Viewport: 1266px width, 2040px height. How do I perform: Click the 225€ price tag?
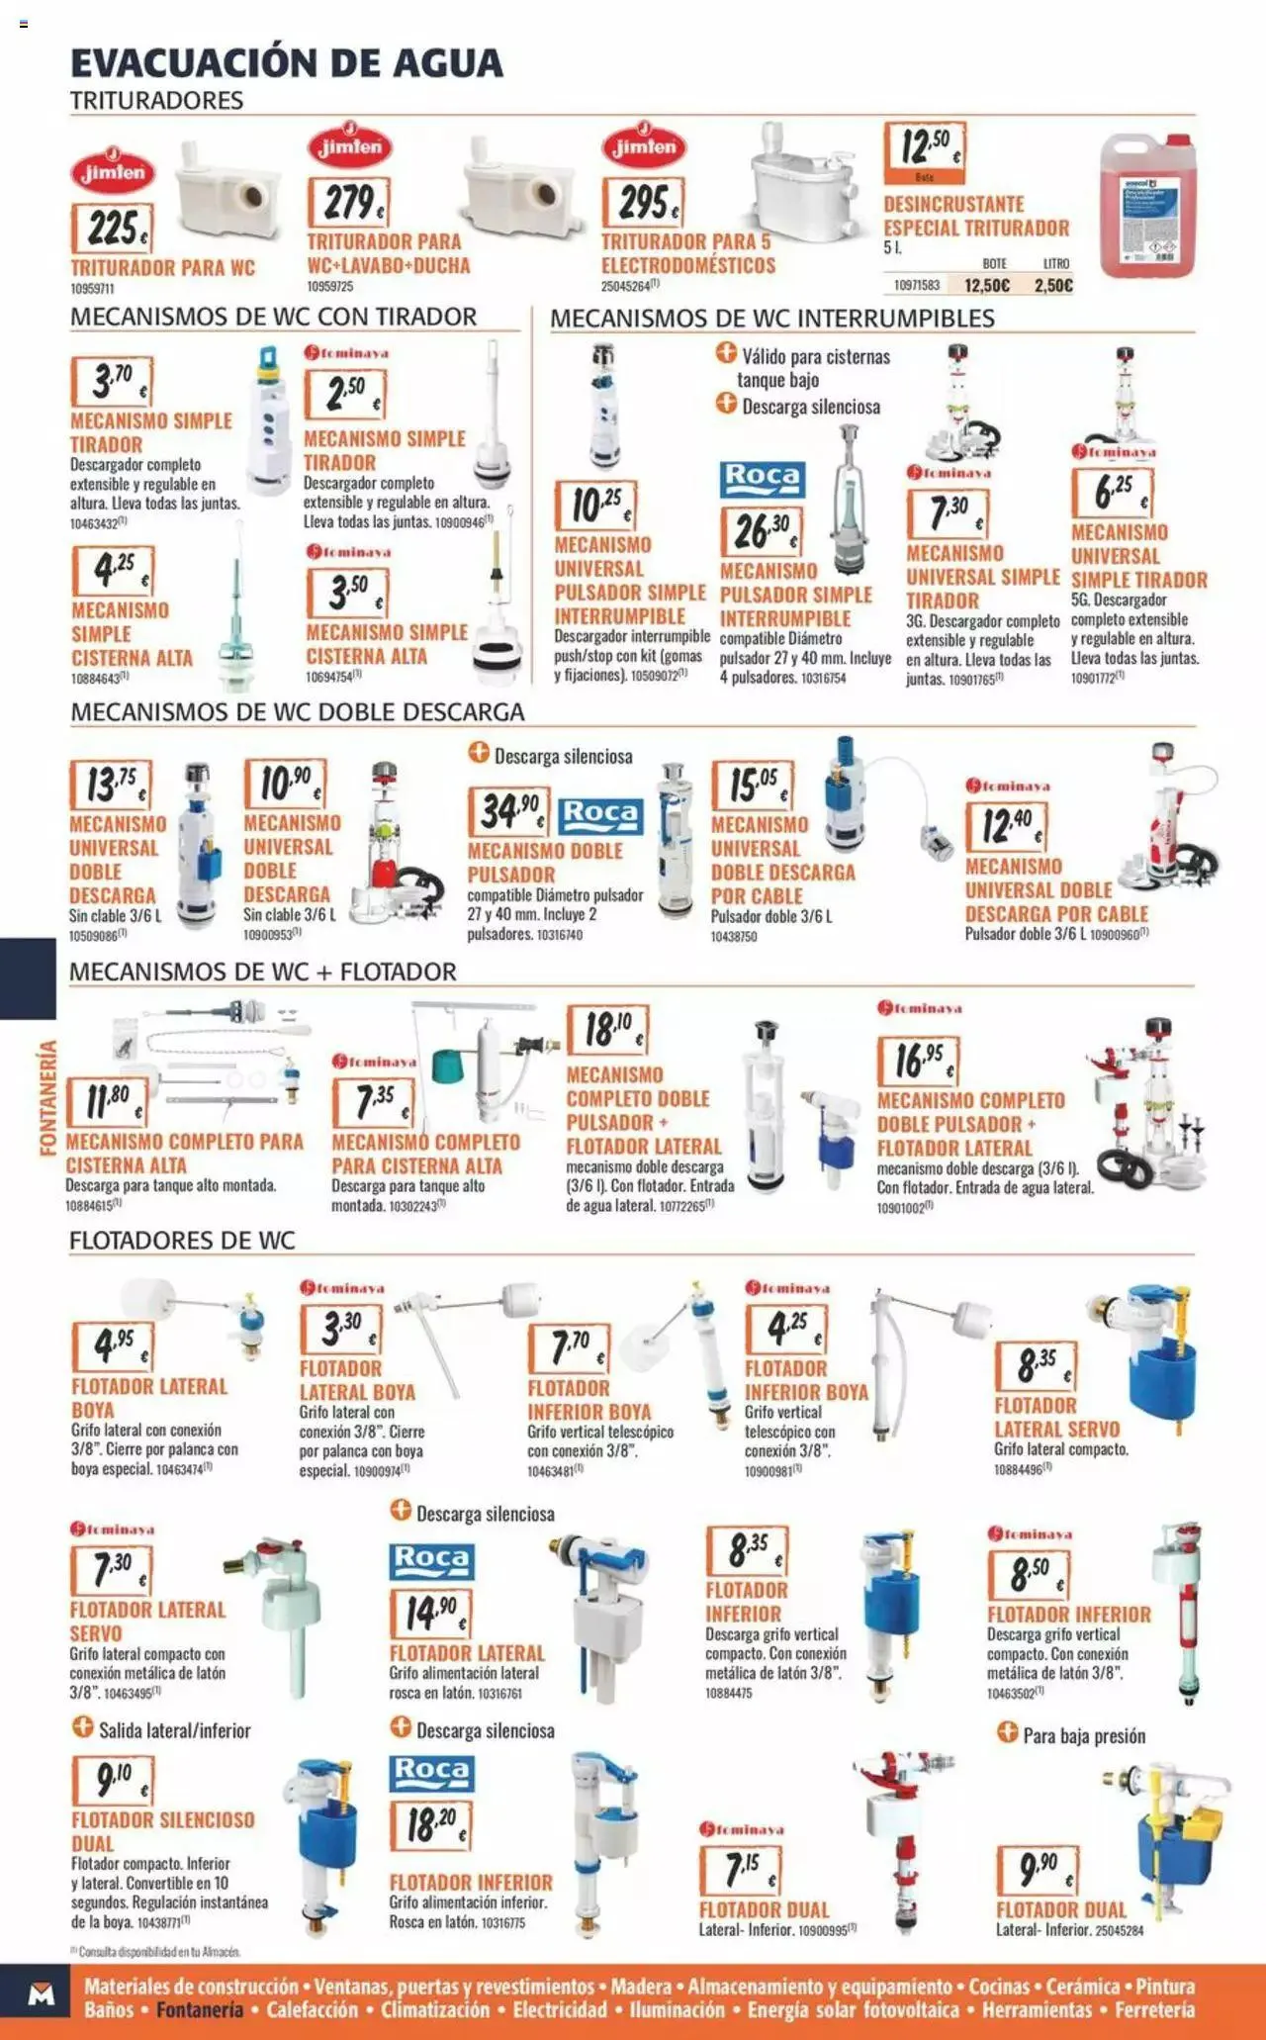(x=112, y=229)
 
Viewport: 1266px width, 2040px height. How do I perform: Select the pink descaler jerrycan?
(x=1147, y=205)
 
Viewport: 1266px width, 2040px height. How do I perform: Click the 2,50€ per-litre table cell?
(x=1053, y=286)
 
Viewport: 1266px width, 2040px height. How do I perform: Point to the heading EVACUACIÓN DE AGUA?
(x=287, y=63)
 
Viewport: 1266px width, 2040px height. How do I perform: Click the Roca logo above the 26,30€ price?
(x=762, y=479)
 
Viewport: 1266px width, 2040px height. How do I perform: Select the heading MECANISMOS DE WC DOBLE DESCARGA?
(x=297, y=712)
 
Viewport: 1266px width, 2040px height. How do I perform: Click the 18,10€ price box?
(x=606, y=1030)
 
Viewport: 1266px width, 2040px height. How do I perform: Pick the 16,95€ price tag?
(x=919, y=1061)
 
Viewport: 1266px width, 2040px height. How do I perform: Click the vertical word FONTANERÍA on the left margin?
(x=47, y=1097)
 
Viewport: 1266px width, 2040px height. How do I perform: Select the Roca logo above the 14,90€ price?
(x=431, y=1560)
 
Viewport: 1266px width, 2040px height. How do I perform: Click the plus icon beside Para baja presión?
(x=1007, y=1732)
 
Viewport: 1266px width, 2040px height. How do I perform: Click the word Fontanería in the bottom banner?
(x=200, y=2009)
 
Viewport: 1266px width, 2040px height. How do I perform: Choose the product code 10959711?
(x=92, y=289)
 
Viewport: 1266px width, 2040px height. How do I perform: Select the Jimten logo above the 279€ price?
(x=350, y=147)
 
